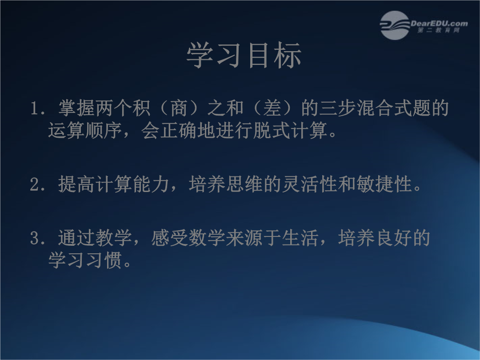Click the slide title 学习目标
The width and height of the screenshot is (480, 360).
point(244,55)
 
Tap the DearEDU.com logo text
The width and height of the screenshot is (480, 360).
point(439,23)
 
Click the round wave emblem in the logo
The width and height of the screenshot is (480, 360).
point(395,25)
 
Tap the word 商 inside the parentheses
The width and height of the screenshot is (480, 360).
point(179,108)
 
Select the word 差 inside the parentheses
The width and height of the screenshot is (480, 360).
point(272,108)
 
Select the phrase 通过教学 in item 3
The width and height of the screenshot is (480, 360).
point(95,238)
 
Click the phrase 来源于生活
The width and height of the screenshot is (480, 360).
point(272,238)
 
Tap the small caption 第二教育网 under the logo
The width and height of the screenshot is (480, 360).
point(438,30)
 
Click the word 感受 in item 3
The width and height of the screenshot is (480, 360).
point(170,238)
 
